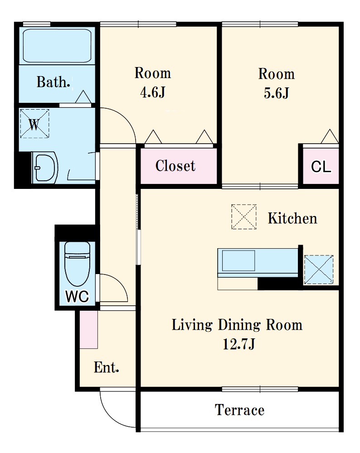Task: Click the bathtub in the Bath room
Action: coord(57,46)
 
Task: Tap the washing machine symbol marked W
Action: coord(34,123)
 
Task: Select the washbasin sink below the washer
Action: coord(45,168)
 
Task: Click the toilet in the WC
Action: coord(77,264)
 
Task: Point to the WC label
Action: coord(77,296)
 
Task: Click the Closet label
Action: coord(175,166)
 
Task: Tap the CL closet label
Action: coord(321,167)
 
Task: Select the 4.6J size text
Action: coord(153,92)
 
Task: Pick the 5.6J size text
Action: coord(276,93)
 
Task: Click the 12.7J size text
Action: coord(239,344)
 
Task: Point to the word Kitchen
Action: coord(292,218)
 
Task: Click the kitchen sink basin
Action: coord(238,260)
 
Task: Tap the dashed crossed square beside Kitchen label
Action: coord(244,217)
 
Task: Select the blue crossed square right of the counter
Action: coord(319,270)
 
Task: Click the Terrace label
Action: coord(239,410)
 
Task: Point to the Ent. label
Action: coord(107,367)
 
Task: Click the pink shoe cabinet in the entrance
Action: coord(89,330)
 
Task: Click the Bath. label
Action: coord(54,82)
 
